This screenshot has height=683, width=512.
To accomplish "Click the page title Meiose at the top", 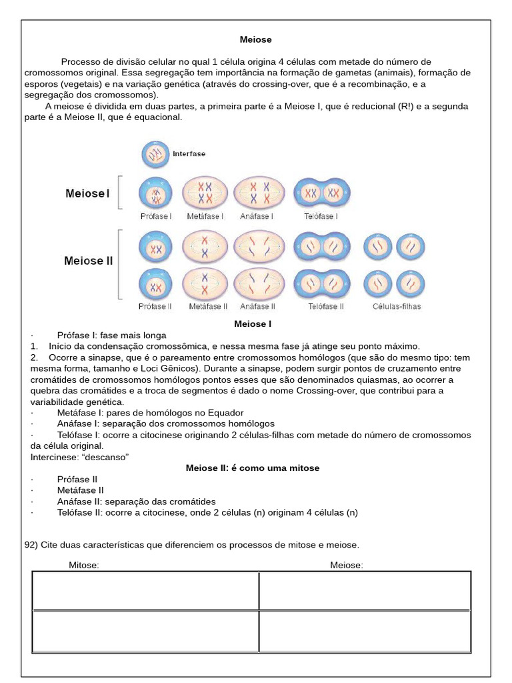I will click(x=256, y=40).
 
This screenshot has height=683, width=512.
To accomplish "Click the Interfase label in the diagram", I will click(x=189, y=153).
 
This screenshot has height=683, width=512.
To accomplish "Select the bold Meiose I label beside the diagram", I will click(x=87, y=193).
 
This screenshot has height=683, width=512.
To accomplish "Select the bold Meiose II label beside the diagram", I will click(x=89, y=261).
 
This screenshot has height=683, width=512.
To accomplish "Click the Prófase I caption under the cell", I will click(x=155, y=216).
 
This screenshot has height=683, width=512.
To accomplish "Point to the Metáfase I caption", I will click(x=205, y=216).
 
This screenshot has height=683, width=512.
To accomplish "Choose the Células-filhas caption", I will click(x=397, y=307).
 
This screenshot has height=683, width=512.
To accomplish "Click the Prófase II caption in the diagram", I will click(x=155, y=307).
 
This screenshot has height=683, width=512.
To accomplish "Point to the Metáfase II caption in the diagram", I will click(x=208, y=307).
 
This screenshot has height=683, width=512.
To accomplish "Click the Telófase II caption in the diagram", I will click(x=326, y=307).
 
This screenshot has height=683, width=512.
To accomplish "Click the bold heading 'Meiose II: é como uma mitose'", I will click(x=252, y=468).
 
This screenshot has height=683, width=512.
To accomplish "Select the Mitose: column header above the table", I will click(x=84, y=566).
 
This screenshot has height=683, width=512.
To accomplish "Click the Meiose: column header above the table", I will click(x=347, y=566).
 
